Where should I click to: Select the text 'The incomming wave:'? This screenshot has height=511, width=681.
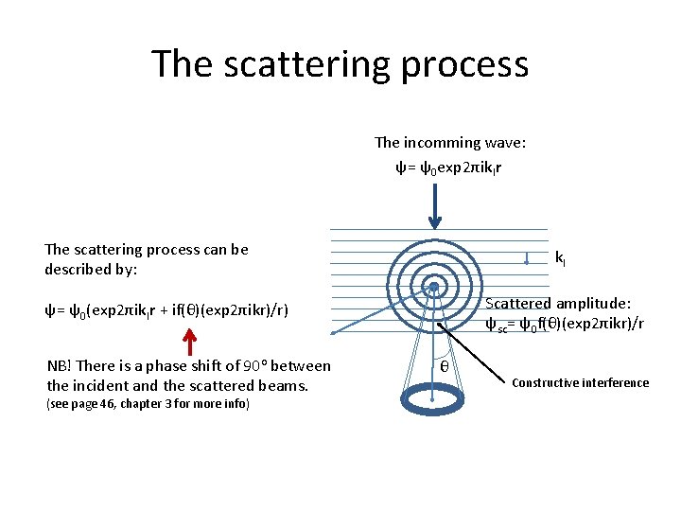coord(450,143)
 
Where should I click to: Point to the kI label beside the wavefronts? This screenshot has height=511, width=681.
coord(561,257)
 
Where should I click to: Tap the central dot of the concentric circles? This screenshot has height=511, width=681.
coord(433,286)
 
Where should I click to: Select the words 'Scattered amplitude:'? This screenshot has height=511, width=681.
coord(558,304)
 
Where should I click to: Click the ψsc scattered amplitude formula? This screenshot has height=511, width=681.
coord(565,325)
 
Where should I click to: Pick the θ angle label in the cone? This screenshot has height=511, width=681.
coord(444,365)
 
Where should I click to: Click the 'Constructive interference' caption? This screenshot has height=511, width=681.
coord(580,383)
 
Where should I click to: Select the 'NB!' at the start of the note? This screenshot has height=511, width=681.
coord(60,365)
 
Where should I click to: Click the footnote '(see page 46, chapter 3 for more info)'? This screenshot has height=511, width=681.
coord(148,404)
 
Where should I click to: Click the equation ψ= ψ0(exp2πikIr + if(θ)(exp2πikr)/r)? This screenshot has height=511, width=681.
coord(166,309)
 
